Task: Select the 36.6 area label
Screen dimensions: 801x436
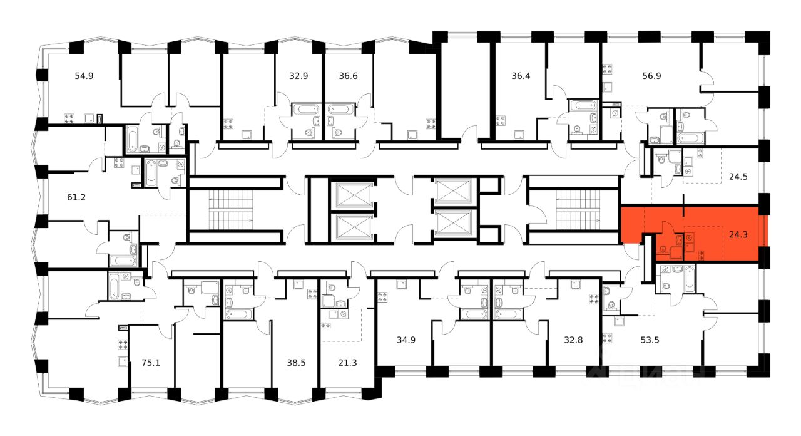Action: [x=349, y=76]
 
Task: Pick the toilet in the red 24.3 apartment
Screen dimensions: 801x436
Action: [x=663, y=254]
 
